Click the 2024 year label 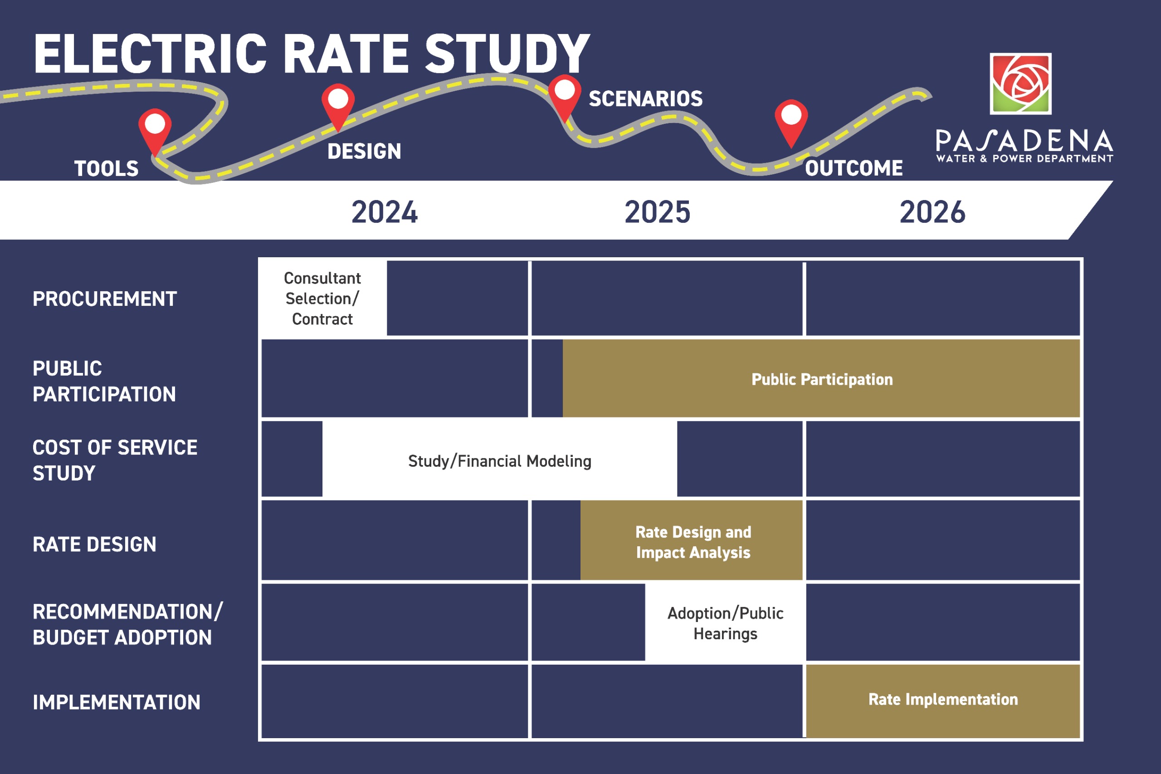point(385,212)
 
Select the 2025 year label point(657,212)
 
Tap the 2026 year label point(932,212)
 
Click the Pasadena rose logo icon point(1020,83)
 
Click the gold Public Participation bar point(821,379)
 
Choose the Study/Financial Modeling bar point(499,460)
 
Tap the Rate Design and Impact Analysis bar point(693,542)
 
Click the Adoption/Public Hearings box point(725,623)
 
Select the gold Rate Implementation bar point(943,700)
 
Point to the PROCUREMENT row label point(105,299)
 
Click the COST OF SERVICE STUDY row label point(114,460)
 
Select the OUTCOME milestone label point(854,168)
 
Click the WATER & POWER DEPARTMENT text point(1024,159)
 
